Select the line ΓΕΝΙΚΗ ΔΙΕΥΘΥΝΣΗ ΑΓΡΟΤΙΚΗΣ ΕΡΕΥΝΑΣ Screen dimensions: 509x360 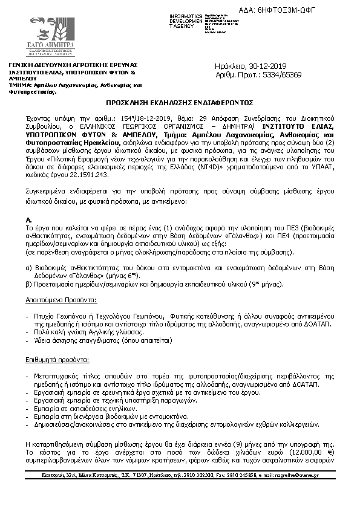tap(73, 65)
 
